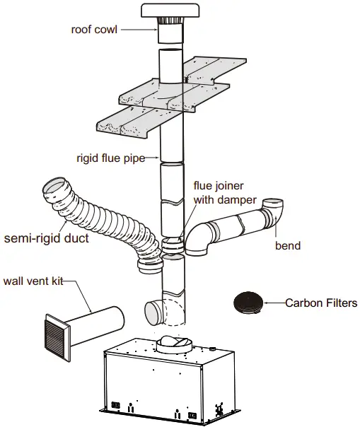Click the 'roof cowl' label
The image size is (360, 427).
click(94, 30)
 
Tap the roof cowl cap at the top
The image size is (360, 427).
click(172, 11)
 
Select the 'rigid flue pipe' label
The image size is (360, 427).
click(110, 158)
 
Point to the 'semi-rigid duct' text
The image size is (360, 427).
click(47, 238)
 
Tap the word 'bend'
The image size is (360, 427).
click(288, 246)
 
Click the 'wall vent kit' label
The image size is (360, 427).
click(33, 281)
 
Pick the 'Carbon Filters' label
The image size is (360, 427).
click(321, 303)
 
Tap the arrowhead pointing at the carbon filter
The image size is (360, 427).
click(268, 303)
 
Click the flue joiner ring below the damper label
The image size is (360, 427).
click(172, 245)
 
